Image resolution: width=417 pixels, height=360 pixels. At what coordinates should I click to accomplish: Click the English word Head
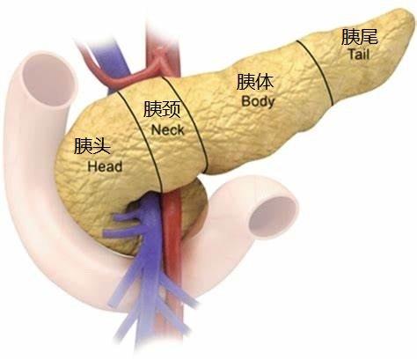coord(105,166)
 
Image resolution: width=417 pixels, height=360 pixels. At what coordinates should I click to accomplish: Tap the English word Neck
coord(167,130)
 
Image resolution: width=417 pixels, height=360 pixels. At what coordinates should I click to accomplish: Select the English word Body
coord(258,101)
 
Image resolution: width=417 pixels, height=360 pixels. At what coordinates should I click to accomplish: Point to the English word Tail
coord(359,55)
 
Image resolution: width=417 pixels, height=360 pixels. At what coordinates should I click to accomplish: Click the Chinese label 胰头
coord(91,146)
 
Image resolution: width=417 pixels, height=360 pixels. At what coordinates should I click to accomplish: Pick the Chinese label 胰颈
coord(162,109)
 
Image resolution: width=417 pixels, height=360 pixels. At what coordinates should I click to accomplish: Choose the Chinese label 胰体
coord(255,82)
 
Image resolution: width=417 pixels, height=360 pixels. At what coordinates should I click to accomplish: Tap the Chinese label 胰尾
coord(360,37)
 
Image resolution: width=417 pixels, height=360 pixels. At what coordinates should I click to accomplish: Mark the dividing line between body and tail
coord(316,72)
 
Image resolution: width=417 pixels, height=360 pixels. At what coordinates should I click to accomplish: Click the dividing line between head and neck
coord(140,142)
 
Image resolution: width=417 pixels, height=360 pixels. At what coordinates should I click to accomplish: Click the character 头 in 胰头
coord(101,146)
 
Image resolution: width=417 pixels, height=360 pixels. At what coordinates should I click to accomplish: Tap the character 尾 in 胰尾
coord(369,37)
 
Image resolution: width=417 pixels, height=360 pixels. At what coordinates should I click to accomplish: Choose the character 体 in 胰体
coord(264,82)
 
